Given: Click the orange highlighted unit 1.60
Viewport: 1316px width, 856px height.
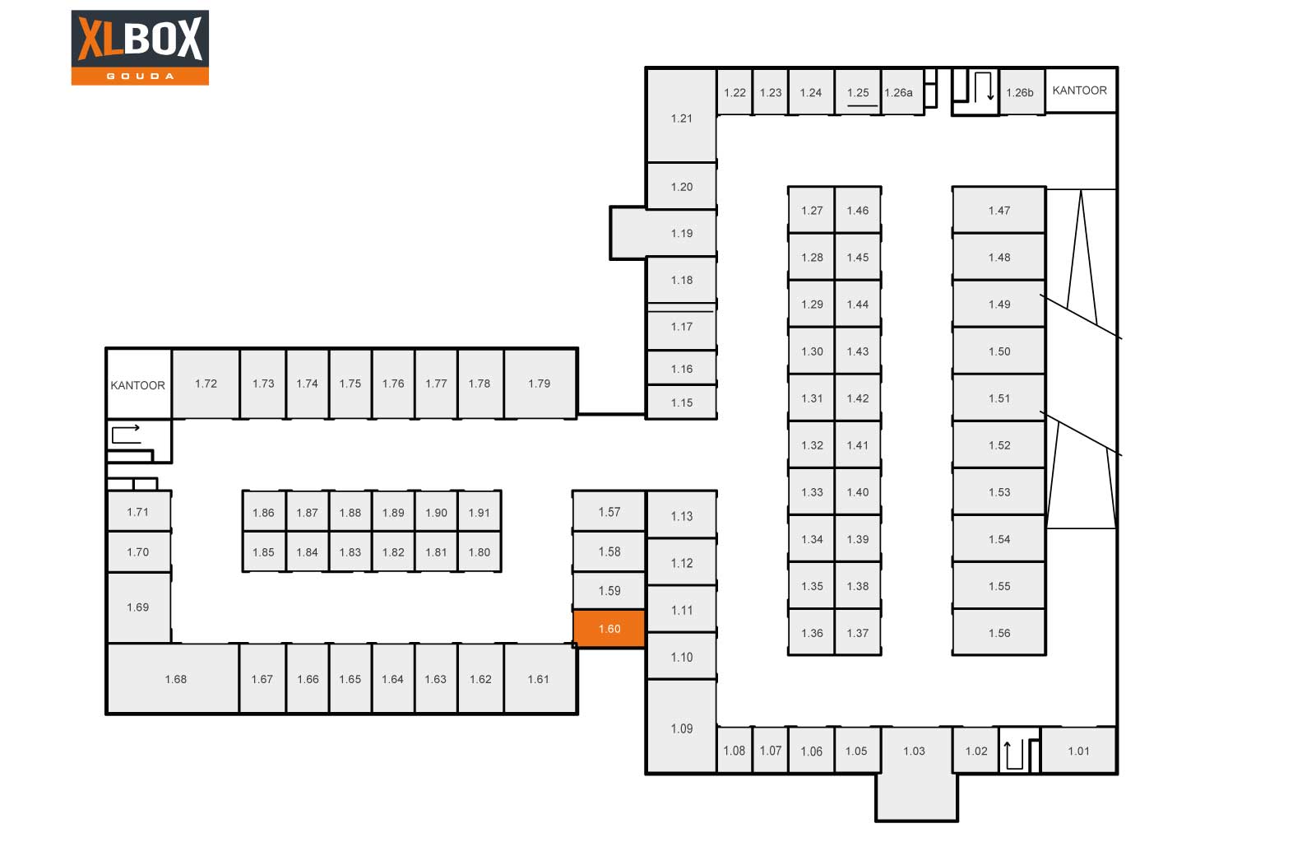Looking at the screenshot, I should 609,629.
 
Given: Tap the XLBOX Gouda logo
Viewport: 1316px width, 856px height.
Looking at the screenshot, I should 140,47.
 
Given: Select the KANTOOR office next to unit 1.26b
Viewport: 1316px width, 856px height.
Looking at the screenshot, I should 1080,91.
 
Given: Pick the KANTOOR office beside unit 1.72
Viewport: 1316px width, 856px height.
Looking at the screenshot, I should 138,384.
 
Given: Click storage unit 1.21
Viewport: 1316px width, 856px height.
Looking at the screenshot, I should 681,118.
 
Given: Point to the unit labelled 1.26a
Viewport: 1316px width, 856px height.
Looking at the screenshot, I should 898,92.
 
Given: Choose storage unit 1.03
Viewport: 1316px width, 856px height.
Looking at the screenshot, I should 915,751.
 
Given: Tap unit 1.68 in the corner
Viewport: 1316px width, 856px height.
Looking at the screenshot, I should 175,679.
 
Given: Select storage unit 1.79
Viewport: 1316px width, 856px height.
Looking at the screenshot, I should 540,384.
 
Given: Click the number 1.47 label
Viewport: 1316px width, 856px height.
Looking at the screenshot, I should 999,211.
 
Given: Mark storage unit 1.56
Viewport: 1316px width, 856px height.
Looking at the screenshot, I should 999,633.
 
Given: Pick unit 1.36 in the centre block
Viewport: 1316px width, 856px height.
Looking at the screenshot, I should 812,633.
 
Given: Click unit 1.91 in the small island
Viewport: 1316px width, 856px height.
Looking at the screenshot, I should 480,513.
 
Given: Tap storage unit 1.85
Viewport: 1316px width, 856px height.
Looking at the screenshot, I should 263,552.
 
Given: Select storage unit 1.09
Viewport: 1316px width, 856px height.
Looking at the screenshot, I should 681,728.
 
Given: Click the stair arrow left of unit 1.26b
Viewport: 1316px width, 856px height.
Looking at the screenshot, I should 983,86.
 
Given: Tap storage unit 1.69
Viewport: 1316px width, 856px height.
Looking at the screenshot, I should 138,607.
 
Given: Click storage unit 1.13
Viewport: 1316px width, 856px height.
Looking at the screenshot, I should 681,516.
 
